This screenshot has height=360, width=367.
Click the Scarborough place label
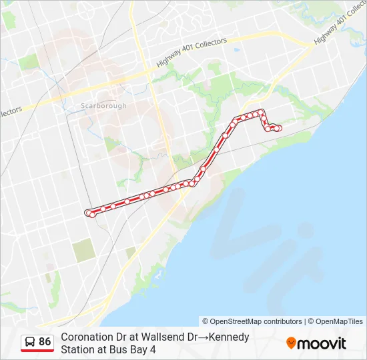click(x=103, y=105)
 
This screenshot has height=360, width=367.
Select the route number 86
click(x=45, y=342)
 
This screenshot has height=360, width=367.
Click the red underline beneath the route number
click(x=37, y=351)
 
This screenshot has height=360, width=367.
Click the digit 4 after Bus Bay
click(x=153, y=349)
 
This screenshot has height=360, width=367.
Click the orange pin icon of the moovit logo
click(x=291, y=343)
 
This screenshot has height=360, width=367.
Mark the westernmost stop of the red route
click(x=87, y=213)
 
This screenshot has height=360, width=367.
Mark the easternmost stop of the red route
click(x=279, y=129)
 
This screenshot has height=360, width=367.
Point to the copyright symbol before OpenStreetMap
click(x=206, y=321)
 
